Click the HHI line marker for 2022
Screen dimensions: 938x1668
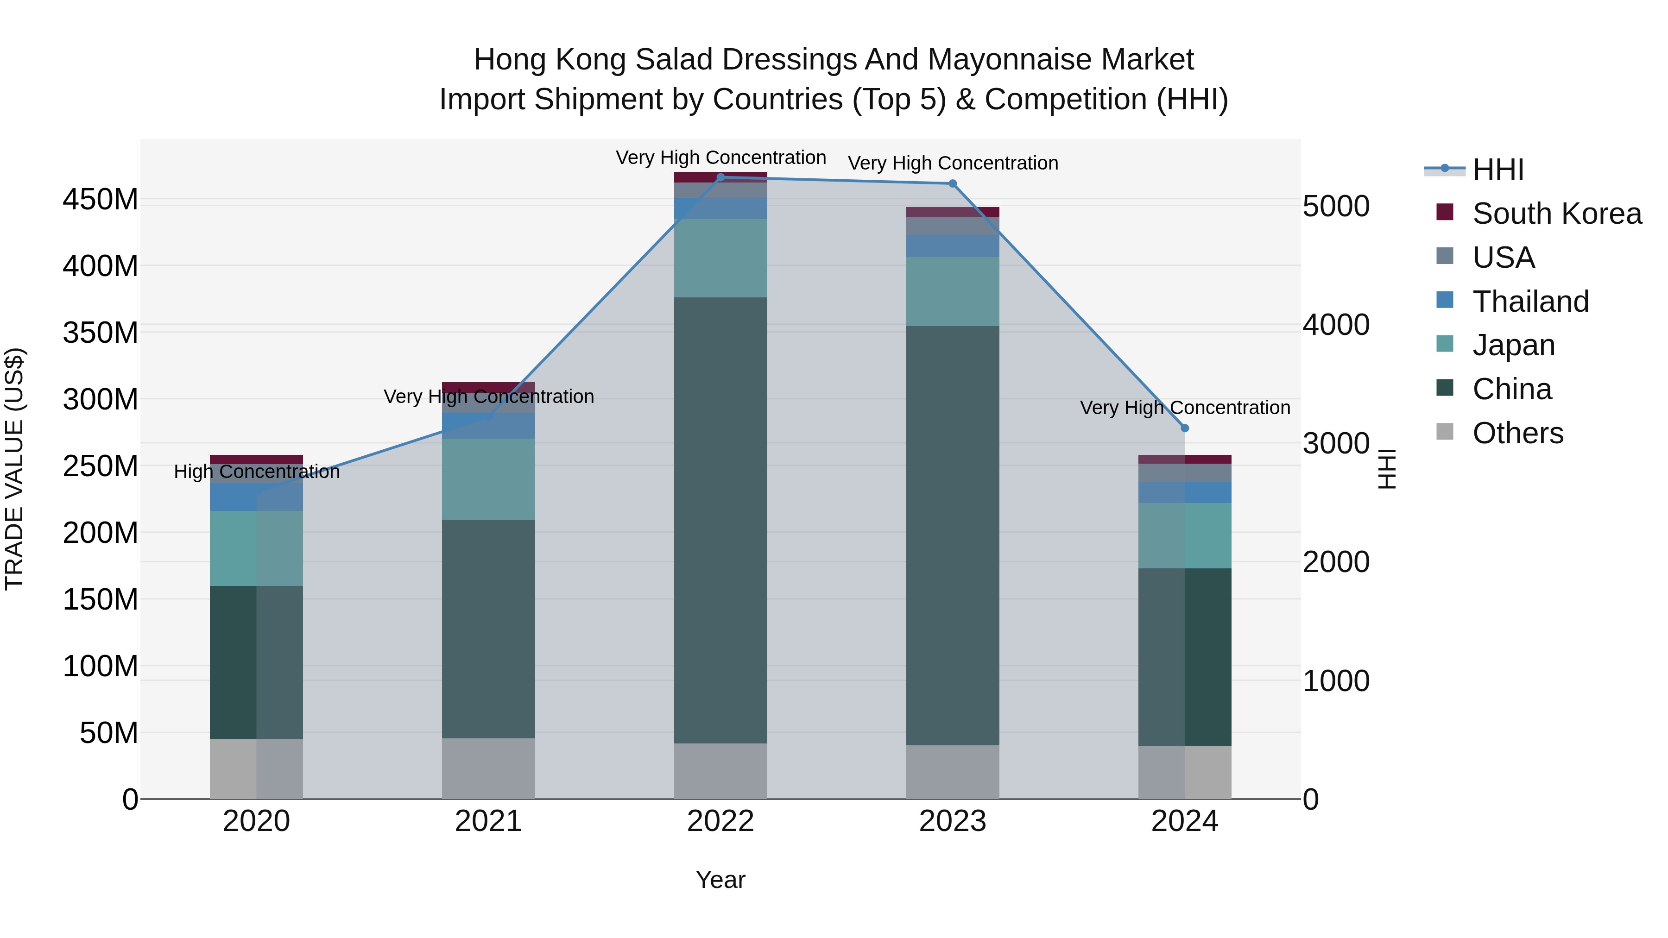pyautogui.click(x=720, y=177)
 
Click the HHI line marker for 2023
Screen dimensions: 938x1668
pyautogui.click(x=953, y=184)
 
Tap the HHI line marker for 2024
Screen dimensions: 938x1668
pyautogui.click(x=1185, y=428)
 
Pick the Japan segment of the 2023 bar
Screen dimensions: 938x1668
pyautogui.click(x=953, y=291)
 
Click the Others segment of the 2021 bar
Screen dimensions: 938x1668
pyautogui.click(x=488, y=768)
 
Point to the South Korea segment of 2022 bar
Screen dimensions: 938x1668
pyautogui.click(x=720, y=177)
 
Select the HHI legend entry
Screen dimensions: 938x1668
pyautogui.click(x=1497, y=170)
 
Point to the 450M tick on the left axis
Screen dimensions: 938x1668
pyautogui.click(x=101, y=199)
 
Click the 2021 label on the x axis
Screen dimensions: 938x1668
pyautogui.click(x=488, y=821)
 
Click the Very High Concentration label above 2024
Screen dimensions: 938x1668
pyautogui.click(x=1185, y=408)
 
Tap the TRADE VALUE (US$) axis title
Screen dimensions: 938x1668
pyautogui.click(x=14, y=469)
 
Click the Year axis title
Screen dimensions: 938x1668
pyautogui.click(x=720, y=880)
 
